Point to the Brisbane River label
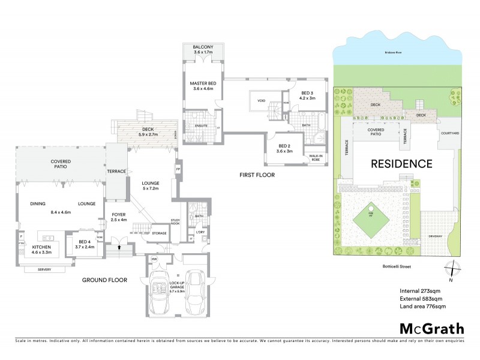coord(393,53)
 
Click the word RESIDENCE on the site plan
coord(401,163)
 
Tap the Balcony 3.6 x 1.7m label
coord(203,50)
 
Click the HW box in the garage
coord(154,259)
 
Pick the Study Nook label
coord(176,221)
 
